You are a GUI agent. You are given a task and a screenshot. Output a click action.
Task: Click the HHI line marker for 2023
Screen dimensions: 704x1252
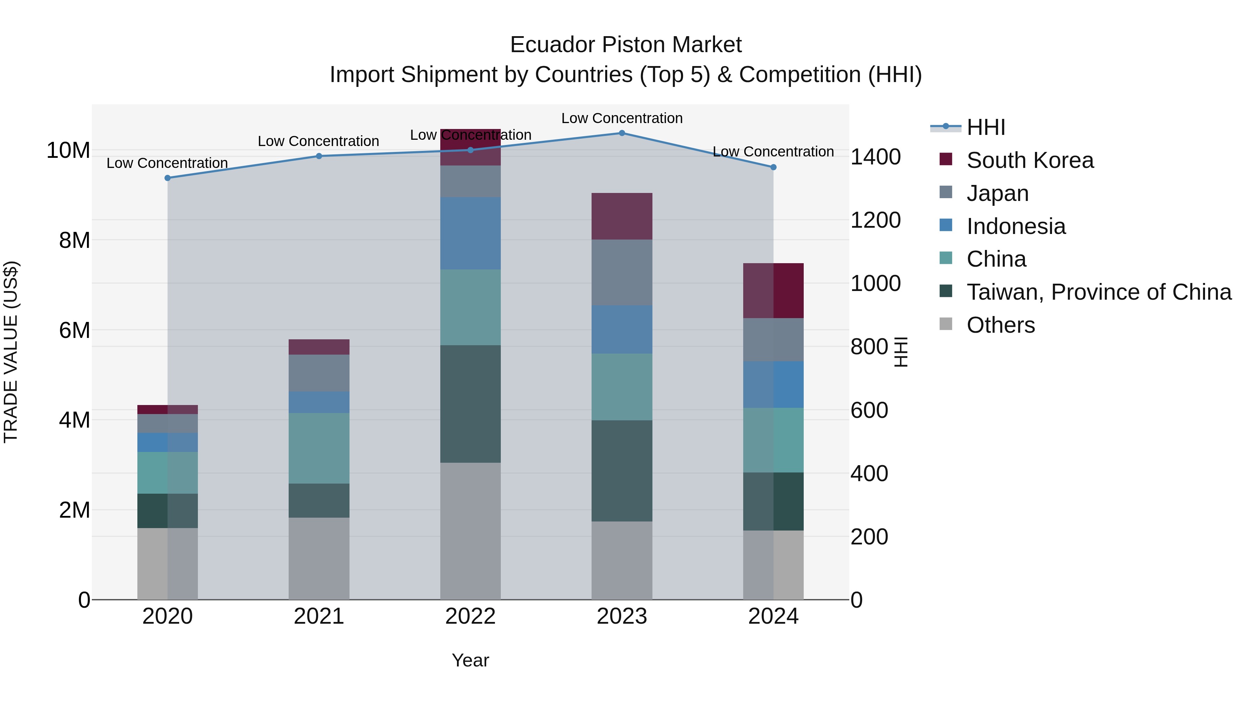[621, 133]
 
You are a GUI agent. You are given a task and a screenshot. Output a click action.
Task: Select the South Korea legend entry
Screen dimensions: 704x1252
[1029, 160]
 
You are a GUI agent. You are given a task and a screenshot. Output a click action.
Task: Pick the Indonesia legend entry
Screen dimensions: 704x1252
[1016, 226]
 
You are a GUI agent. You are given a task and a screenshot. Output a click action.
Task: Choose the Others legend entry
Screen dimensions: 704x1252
[1000, 325]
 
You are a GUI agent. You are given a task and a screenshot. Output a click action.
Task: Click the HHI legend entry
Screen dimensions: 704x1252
[985, 127]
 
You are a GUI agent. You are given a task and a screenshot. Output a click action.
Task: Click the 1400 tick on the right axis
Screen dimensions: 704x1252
[875, 157]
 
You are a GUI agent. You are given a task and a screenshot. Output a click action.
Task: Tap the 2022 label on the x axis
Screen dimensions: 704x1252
[470, 616]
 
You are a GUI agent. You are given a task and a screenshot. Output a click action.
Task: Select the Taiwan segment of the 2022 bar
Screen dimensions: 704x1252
[470, 404]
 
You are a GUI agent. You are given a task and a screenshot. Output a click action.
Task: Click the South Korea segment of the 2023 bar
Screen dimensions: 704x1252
[621, 216]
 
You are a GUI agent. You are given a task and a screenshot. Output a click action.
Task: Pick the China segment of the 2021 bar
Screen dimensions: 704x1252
[319, 448]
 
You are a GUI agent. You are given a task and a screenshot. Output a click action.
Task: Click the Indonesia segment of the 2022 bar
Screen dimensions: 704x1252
[470, 233]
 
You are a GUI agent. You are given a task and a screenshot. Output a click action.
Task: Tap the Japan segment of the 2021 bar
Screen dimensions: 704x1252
[319, 373]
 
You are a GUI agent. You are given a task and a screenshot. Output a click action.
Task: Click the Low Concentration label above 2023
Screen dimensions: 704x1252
[621, 118]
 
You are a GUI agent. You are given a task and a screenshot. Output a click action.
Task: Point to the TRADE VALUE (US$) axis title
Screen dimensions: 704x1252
[11, 352]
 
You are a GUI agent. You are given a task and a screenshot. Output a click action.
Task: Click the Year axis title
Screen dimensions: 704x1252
[470, 660]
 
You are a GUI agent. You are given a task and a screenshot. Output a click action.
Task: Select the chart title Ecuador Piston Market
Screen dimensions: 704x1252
[626, 45]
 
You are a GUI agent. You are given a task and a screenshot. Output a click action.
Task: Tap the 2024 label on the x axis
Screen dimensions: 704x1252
[773, 616]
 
